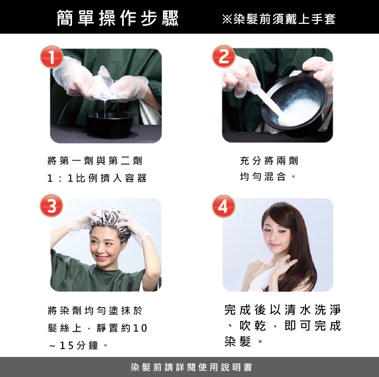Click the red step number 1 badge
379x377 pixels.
(52, 57)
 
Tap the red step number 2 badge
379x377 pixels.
(224, 56)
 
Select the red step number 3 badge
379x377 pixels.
(52, 206)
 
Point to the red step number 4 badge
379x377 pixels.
(224, 206)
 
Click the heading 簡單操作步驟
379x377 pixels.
(118, 18)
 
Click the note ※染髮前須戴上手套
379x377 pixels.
(279, 19)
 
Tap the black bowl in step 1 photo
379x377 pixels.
(111, 124)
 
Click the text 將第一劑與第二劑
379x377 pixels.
(95, 160)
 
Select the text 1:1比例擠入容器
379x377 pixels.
(97, 178)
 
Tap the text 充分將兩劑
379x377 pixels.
(269, 160)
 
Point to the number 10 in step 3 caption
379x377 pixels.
(140, 328)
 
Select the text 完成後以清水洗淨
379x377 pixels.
(283, 310)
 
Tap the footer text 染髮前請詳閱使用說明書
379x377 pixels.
(191, 367)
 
